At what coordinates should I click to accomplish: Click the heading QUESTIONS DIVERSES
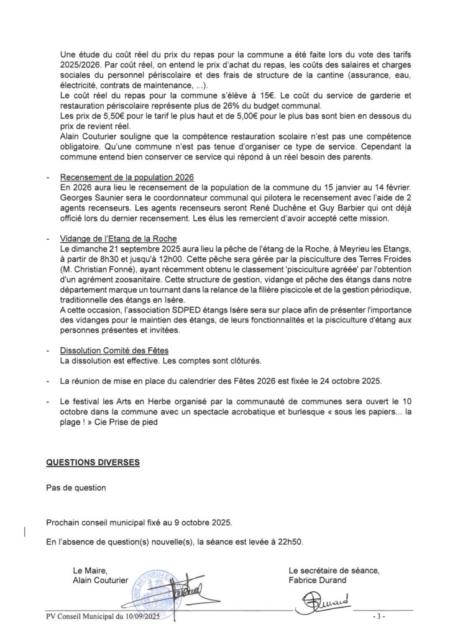coord(93,462)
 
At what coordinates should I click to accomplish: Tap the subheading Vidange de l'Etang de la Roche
coord(119,238)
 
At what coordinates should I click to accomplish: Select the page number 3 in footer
coord(379,617)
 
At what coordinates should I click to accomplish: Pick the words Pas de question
coord(76,488)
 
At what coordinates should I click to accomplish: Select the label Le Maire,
coord(91,570)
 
